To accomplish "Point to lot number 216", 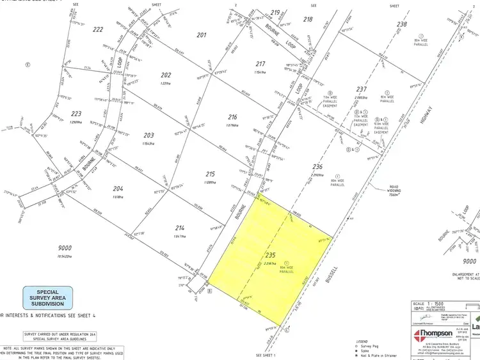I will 232,117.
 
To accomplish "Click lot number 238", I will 402,24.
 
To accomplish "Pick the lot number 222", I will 97,29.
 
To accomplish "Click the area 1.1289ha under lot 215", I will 209,182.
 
